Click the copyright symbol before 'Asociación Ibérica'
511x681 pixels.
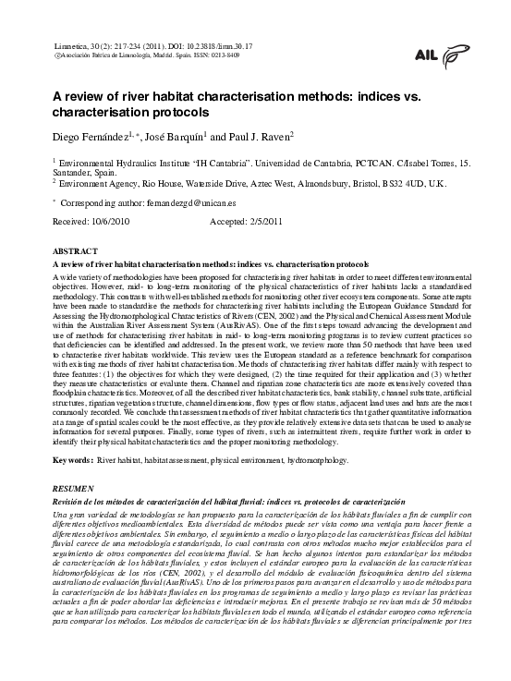(59, 54)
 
